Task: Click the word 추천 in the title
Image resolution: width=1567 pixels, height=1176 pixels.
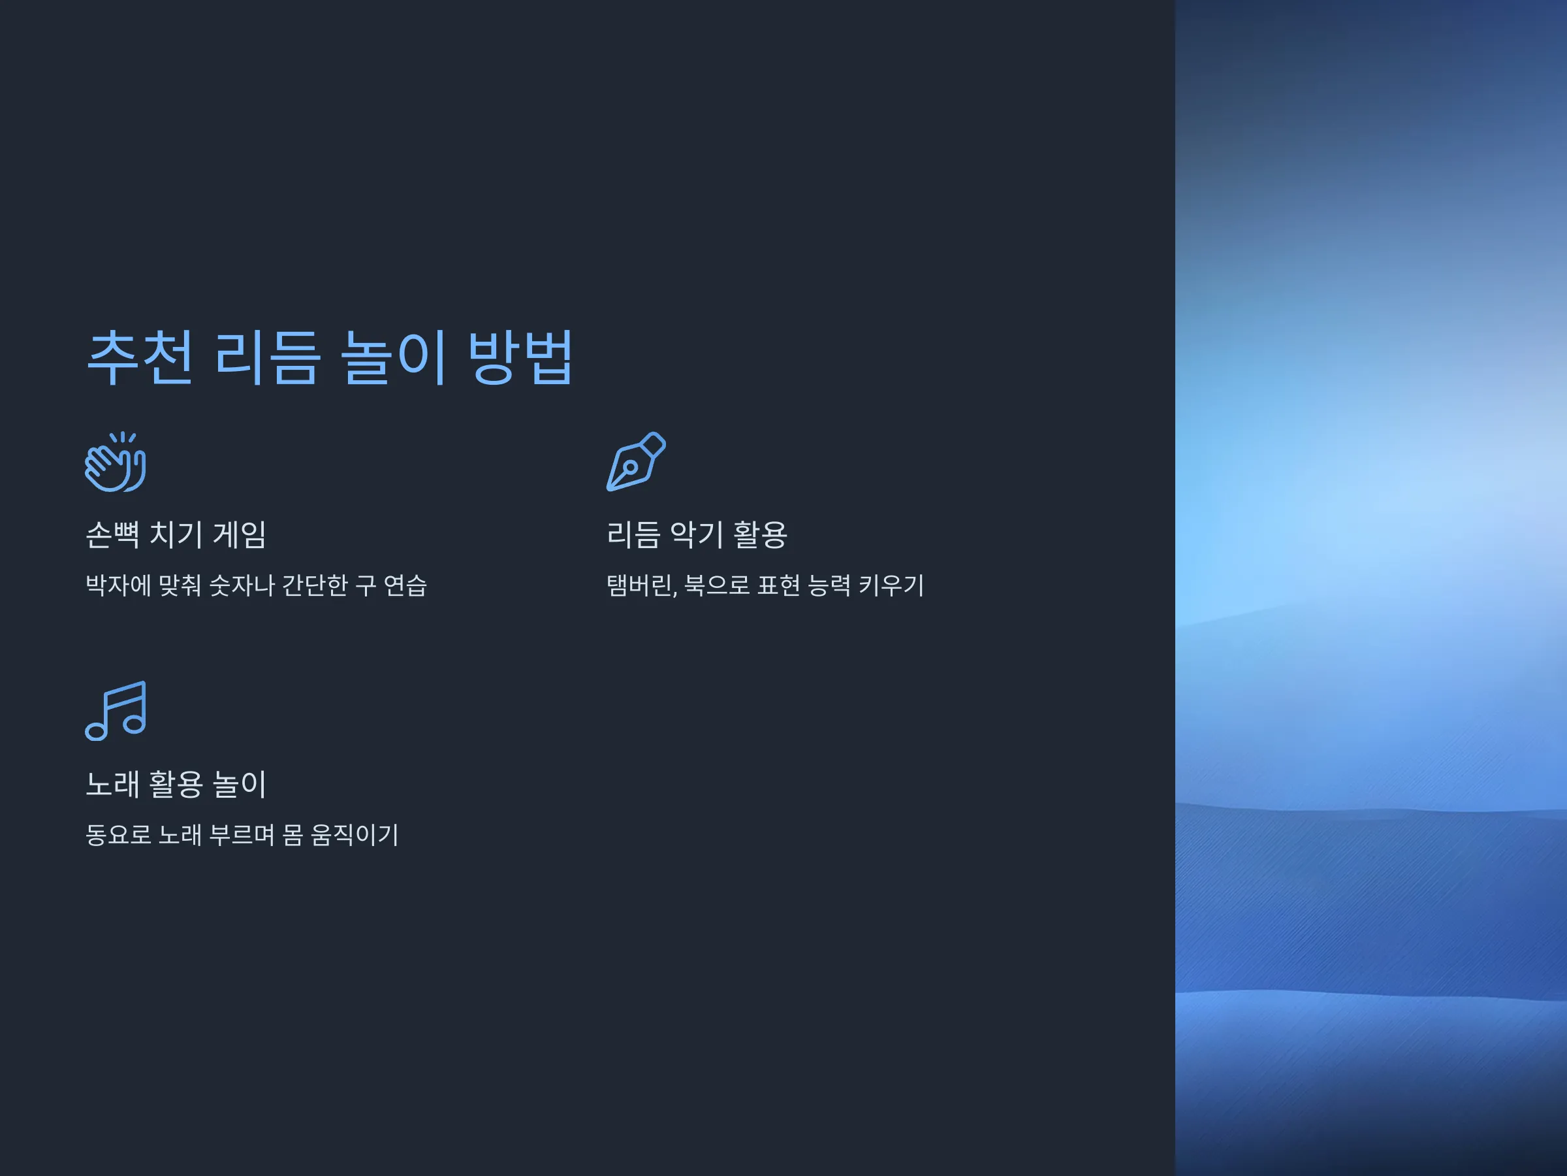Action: coord(140,357)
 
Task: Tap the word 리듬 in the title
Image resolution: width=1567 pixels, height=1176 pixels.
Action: coord(267,357)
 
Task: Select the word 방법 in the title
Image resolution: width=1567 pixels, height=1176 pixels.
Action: coord(520,357)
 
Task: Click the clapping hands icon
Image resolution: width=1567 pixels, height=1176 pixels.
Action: coord(116,461)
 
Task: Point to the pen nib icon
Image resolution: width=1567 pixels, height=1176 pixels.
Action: coord(636,461)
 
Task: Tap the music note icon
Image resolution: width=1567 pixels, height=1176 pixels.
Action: coord(116,711)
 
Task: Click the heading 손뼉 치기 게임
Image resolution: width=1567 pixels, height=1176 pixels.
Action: coord(176,534)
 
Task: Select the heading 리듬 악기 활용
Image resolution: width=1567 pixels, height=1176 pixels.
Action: coord(697,534)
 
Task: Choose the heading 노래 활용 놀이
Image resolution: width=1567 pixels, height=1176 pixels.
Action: coord(176,784)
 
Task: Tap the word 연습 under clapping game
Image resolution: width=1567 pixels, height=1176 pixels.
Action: coord(405,585)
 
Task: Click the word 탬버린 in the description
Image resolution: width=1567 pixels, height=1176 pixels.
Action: coord(640,585)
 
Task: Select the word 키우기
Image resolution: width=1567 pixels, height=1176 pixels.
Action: coord(891,585)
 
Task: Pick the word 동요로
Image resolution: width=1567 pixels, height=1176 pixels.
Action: coord(118,835)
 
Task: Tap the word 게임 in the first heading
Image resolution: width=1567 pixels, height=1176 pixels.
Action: coord(240,534)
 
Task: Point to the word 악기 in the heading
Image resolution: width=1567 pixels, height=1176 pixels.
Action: coord(697,534)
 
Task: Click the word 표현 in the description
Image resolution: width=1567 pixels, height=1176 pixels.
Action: coord(779,585)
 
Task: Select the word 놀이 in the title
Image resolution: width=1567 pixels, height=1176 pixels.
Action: coord(393,357)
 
